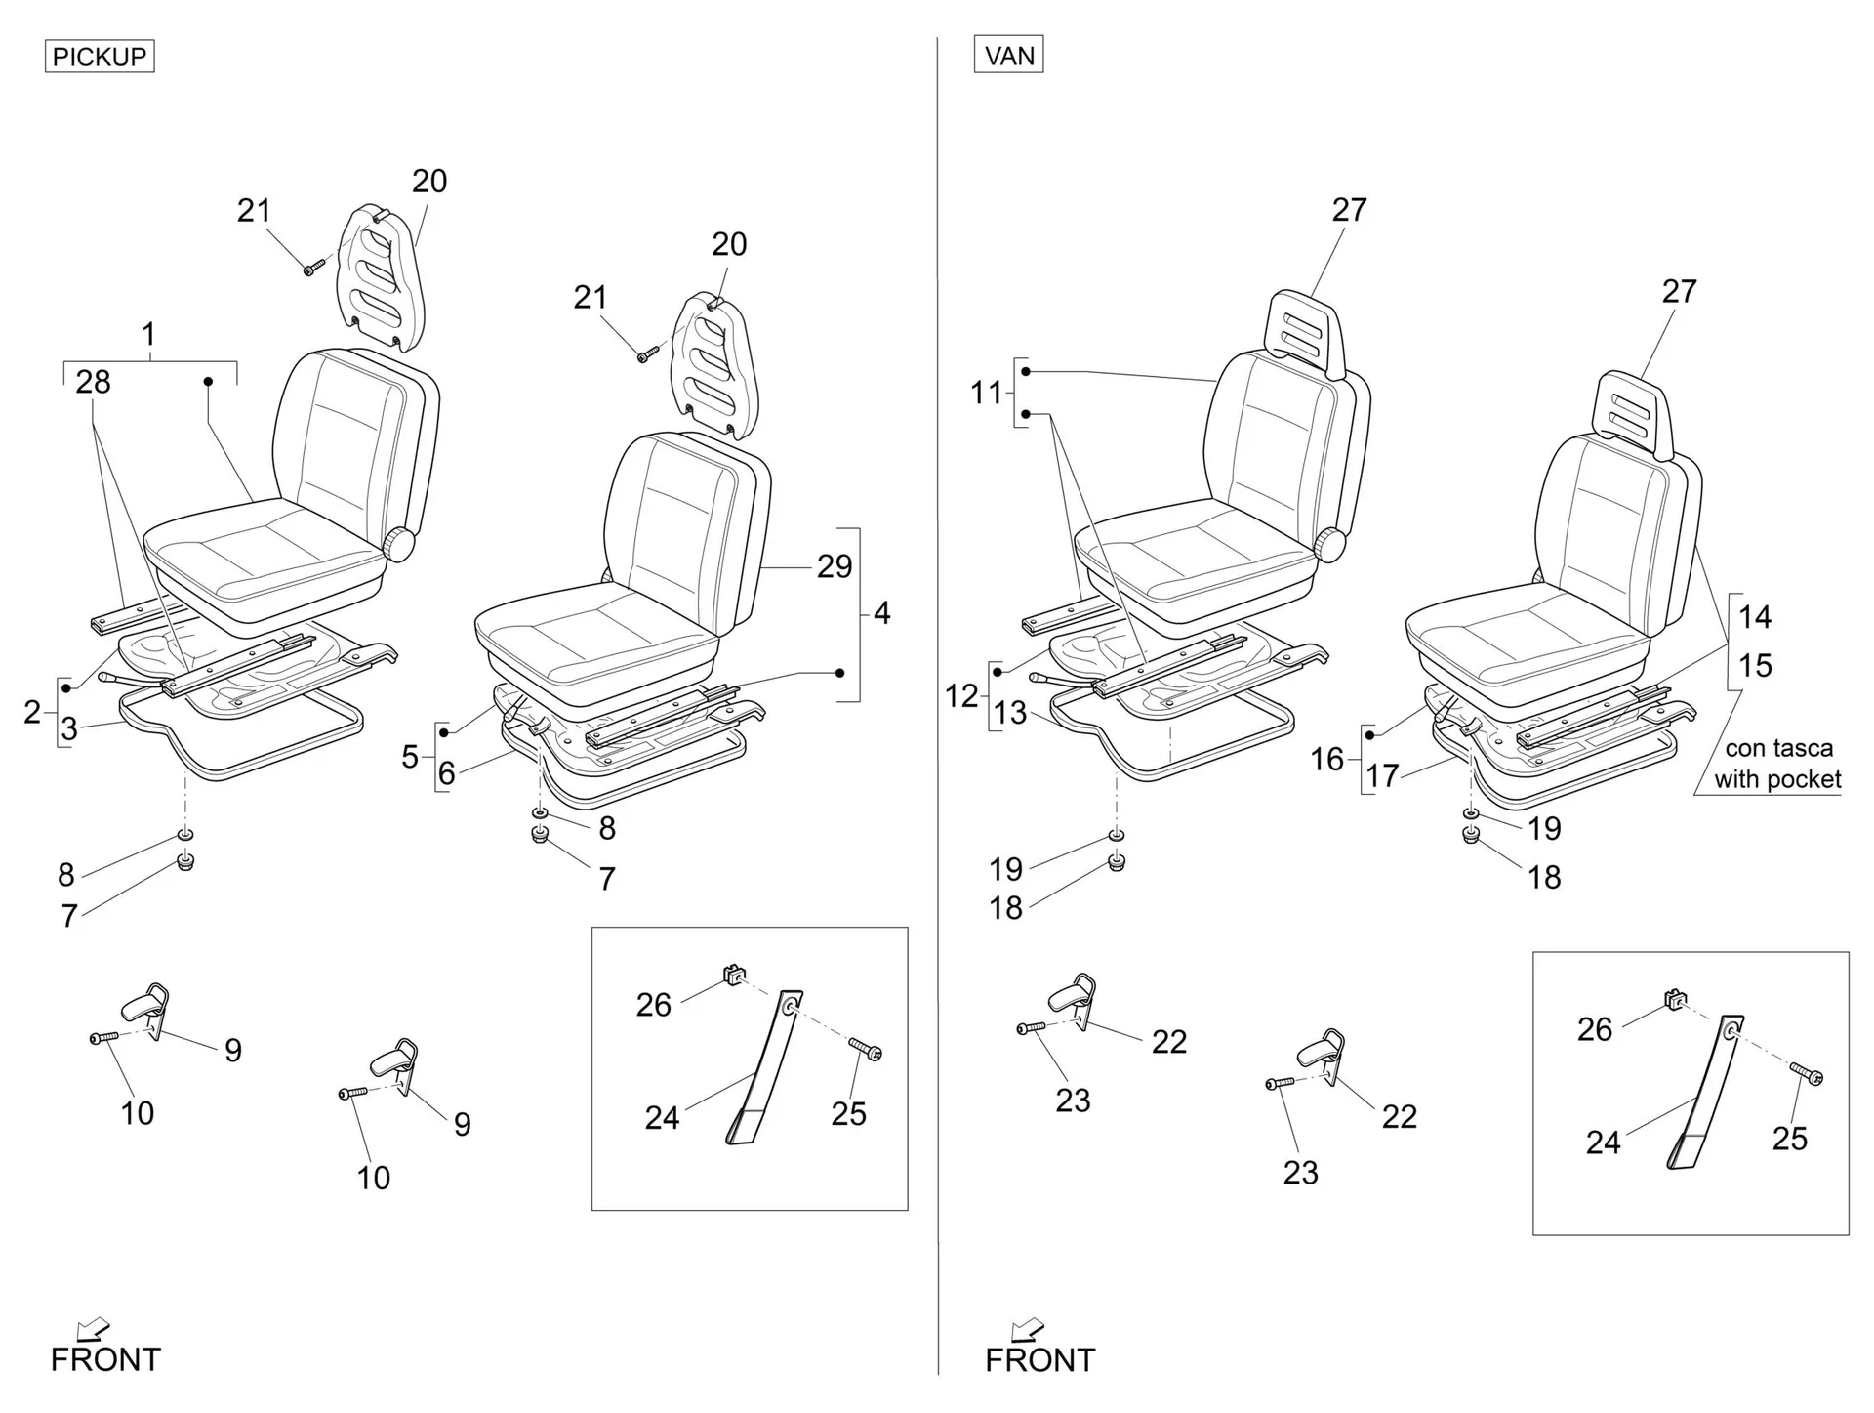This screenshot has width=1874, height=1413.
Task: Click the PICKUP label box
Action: [x=100, y=57]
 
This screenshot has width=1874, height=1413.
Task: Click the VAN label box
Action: [x=1009, y=55]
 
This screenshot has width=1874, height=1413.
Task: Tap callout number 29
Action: [x=835, y=566]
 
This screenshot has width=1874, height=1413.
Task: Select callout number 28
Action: [x=93, y=382]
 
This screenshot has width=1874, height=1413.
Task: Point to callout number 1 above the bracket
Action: [x=148, y=335]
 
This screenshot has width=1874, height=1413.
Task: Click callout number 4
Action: [x=881, y=613]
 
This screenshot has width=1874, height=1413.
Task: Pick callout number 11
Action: [x=986, y=393]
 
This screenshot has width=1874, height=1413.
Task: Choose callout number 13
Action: [x=1010, y=713]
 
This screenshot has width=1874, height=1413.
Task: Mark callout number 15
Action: [x=1755, y=666]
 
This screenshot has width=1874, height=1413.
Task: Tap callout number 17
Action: [x=1382, y=776]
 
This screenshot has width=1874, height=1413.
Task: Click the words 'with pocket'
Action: [x=1777, y=779]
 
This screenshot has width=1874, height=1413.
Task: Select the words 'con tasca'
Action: [x=1779, y=748]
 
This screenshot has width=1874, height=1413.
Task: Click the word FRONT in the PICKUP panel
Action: [x=105, y=1359]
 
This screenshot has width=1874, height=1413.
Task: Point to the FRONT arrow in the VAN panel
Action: [x=1026, y=1330]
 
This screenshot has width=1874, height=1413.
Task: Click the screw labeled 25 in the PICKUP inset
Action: [x=866, y=1050]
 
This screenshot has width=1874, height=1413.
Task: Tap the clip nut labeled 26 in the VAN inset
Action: [x=1674, y=998]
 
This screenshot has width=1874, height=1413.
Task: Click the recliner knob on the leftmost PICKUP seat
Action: [x=398, y=544]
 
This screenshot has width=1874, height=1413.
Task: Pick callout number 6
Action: [x=446, y=773]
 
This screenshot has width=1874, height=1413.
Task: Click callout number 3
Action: [x=69, y=728]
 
